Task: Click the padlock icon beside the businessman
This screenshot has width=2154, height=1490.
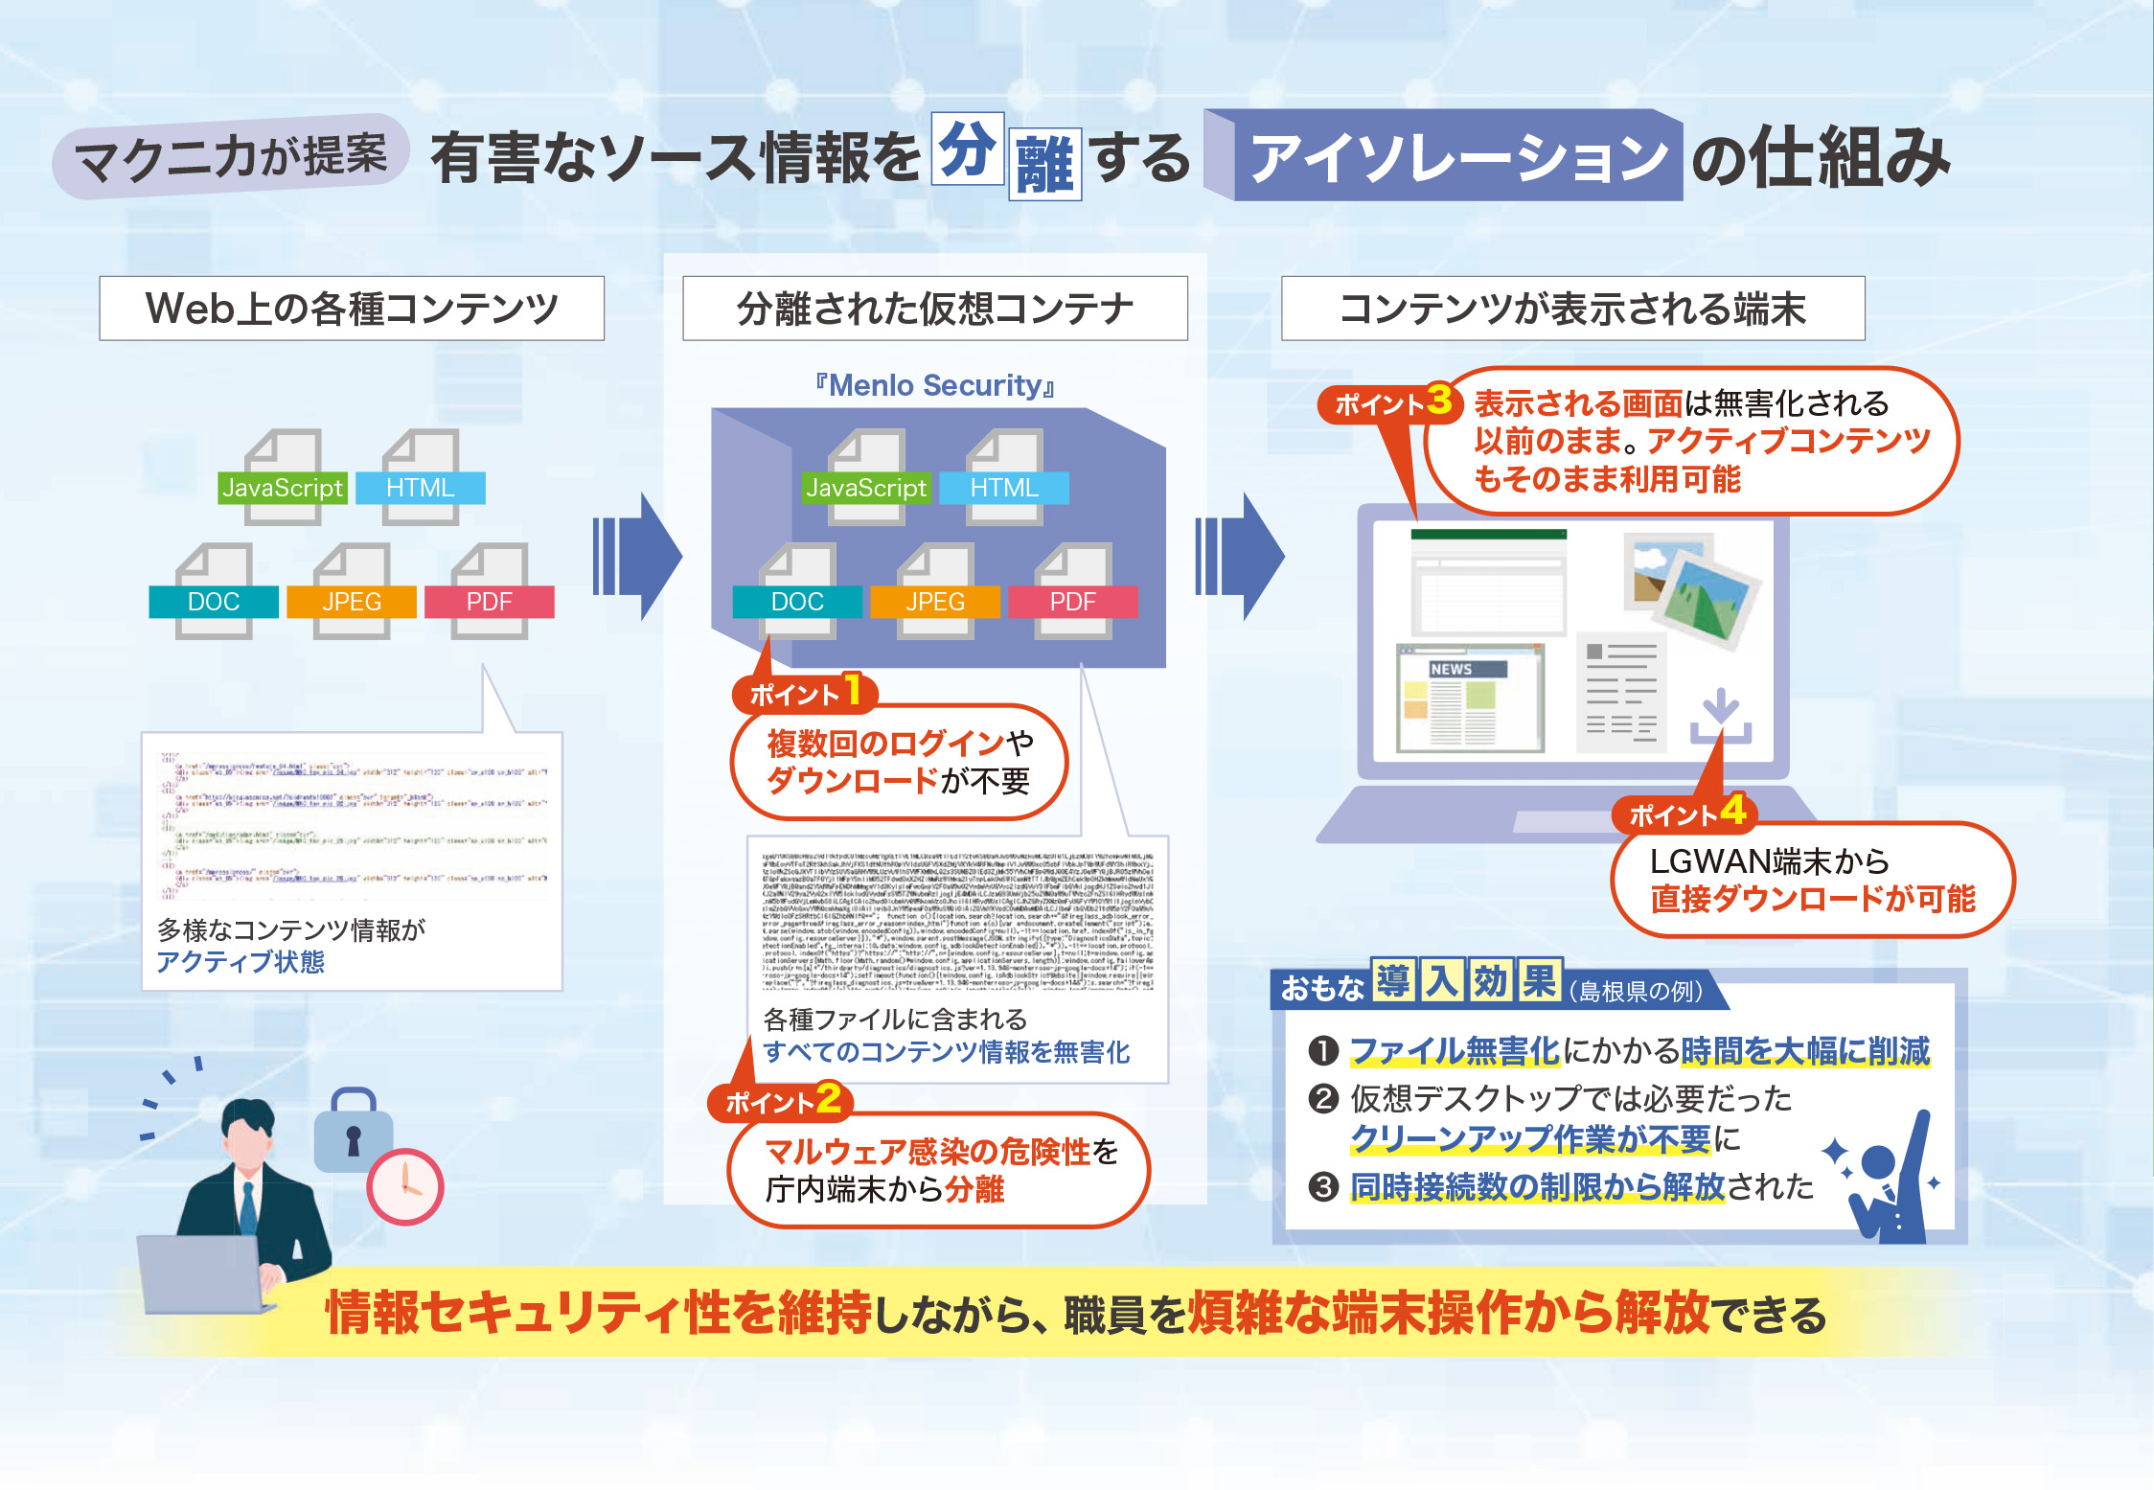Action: tap(353, 1131)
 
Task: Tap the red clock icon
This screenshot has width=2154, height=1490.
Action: tap(405, 1186)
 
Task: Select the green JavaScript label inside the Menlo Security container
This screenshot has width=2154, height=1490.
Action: tap(866, 488)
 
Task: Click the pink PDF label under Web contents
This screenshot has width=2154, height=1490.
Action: tap(489, 602)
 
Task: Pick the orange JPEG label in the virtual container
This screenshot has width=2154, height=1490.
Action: tap(935, 602)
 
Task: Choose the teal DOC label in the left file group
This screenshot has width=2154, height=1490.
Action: tap(214, 602)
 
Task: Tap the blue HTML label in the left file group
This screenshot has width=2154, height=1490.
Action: tap(420, 488)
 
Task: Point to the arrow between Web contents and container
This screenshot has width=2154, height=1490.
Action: tap(637, 556)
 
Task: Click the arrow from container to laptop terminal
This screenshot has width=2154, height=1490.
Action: tap(1239, 556)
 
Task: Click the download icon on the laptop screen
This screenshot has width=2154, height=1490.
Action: tap(1721, 716)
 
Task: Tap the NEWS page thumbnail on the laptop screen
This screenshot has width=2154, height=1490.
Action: tap(1470, 698)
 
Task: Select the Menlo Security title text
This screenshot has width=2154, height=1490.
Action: tap(934, 385)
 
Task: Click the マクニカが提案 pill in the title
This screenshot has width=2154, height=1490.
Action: tap(231, 156)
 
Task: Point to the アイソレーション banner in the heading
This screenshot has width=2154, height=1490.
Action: tap(1457, 157)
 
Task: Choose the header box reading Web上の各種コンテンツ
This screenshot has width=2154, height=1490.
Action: tap(352, 309)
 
